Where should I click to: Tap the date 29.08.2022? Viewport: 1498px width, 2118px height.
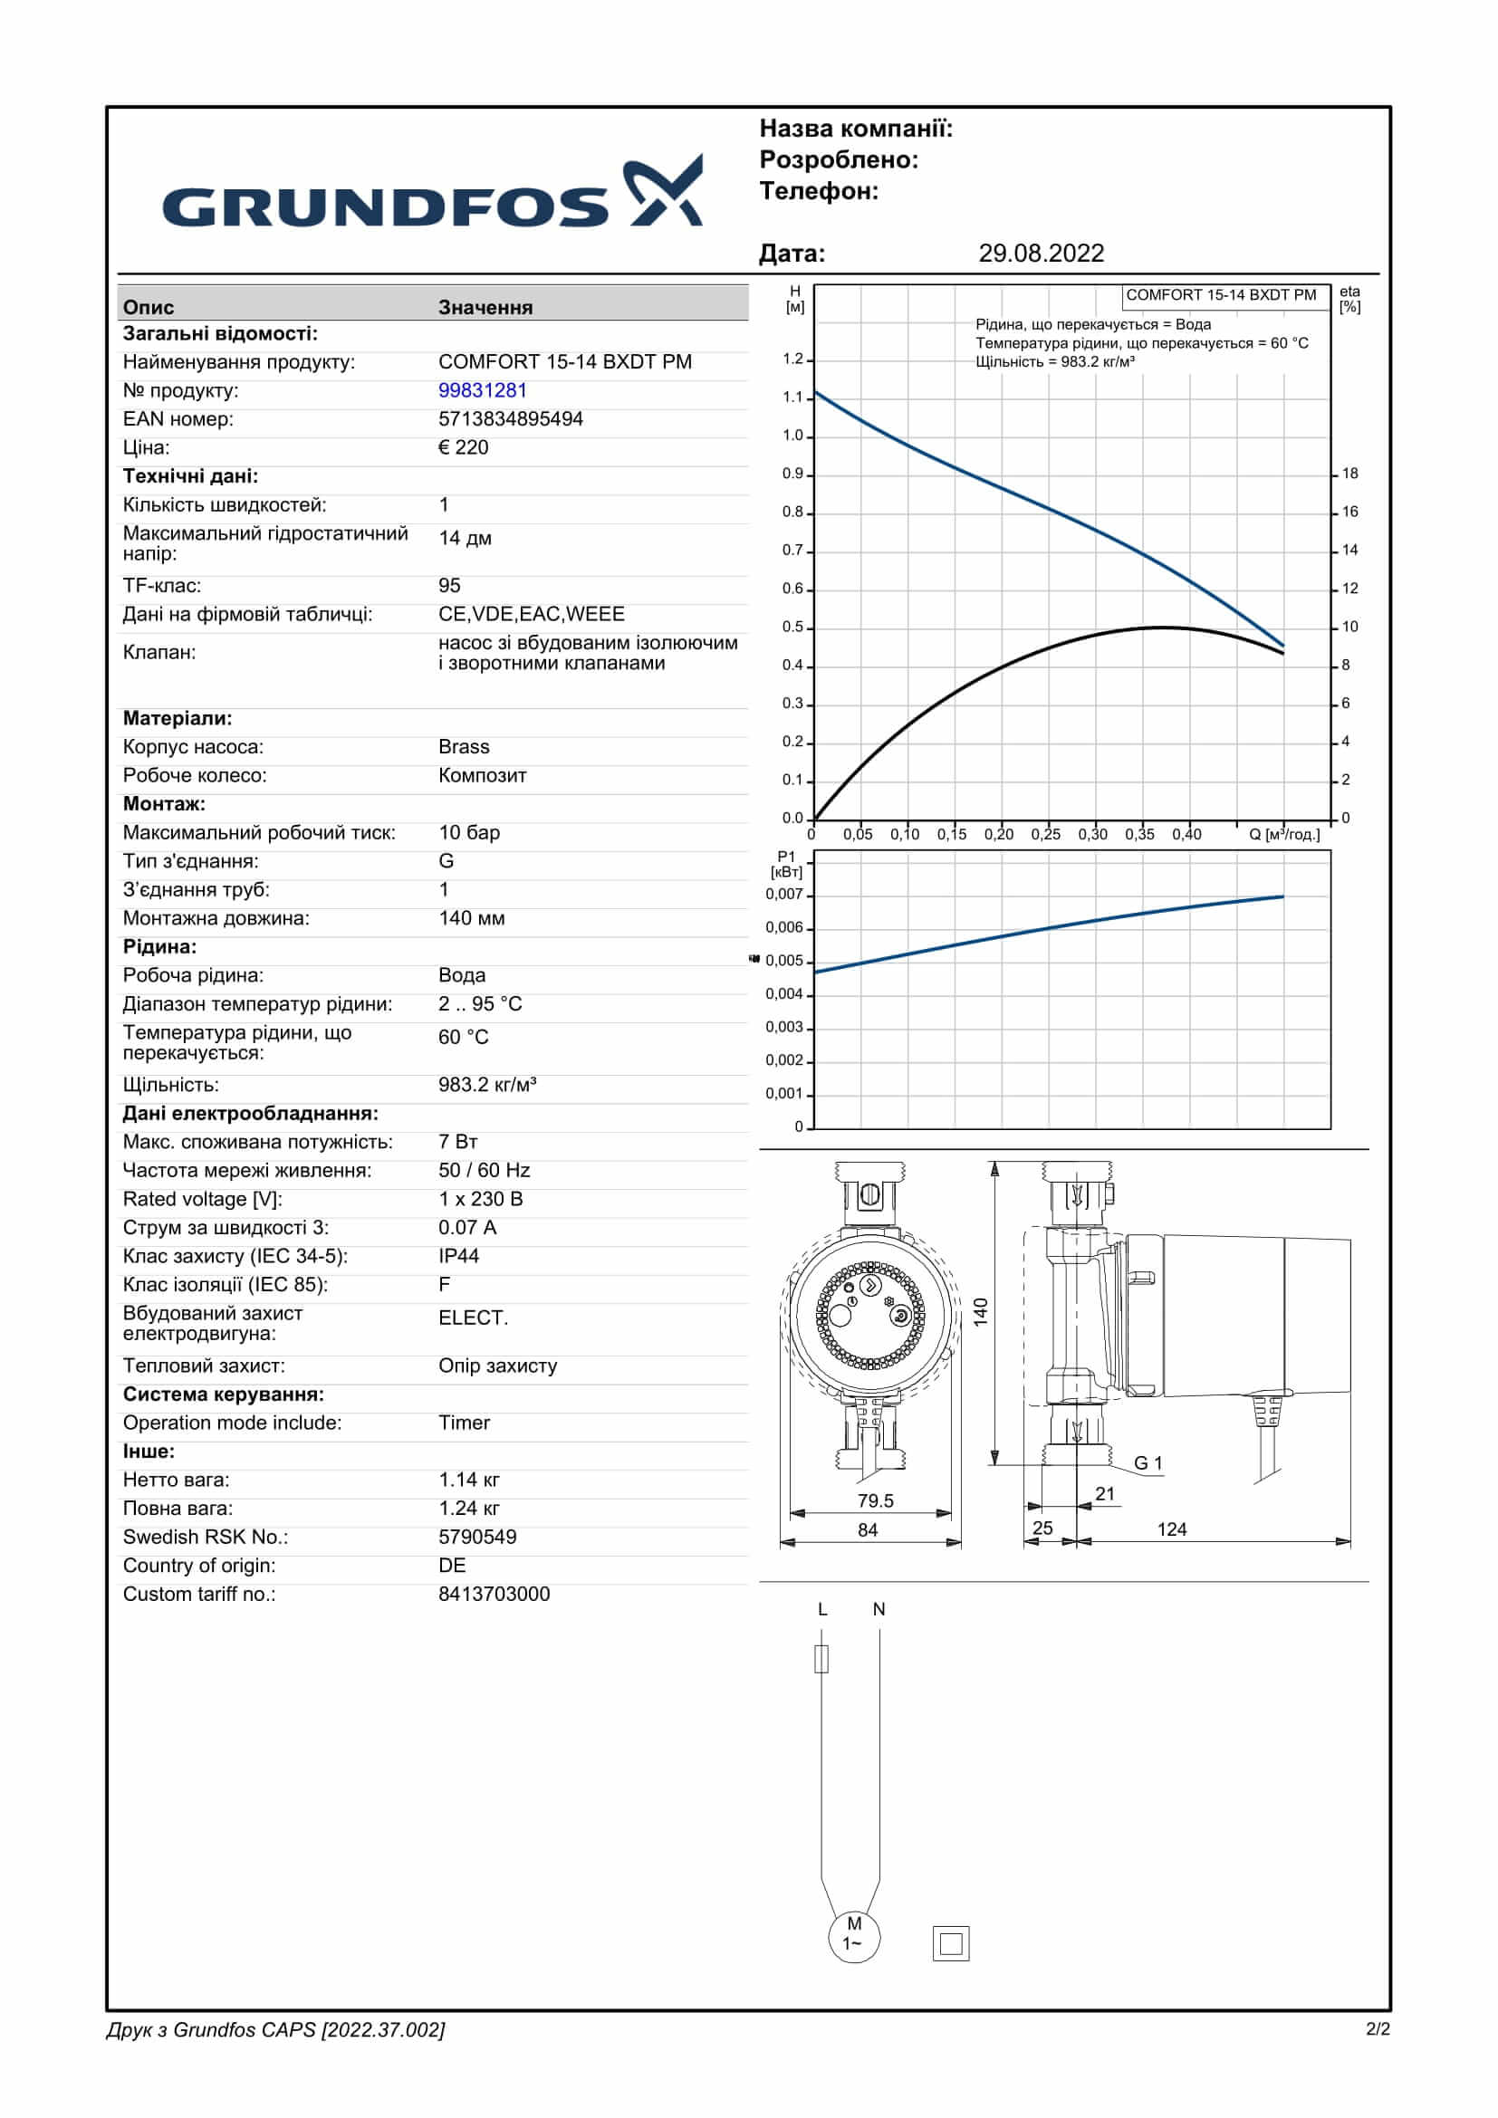coord(1041,254)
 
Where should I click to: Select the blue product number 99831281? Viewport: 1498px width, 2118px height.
coord(483,390)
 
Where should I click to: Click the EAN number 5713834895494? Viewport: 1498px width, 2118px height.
coord(510,419)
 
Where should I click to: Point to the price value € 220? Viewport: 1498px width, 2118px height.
coord(463,447)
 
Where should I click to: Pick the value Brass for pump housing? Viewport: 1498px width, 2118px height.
coord(463,747)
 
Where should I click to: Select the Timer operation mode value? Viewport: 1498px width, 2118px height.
coord(464,1423)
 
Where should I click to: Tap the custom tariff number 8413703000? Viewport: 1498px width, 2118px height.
coord(494,1595)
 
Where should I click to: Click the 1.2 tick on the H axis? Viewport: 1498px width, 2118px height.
coord(793,359)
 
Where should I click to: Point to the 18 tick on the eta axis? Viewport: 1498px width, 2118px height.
coord(1349,474)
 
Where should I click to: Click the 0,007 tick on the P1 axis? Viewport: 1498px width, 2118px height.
coord(784,894)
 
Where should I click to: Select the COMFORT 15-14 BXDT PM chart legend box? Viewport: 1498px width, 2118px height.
coord(1220,295)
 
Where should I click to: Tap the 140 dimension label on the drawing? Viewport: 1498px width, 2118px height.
coord(981,1311)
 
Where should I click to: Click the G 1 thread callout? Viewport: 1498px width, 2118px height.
coord(1148,1463)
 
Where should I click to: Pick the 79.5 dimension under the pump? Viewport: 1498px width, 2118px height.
coord(875,1500)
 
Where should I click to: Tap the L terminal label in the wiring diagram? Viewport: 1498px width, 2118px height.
coord(821,1610)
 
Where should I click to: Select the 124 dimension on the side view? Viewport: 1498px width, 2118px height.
coord(1171,1529)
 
